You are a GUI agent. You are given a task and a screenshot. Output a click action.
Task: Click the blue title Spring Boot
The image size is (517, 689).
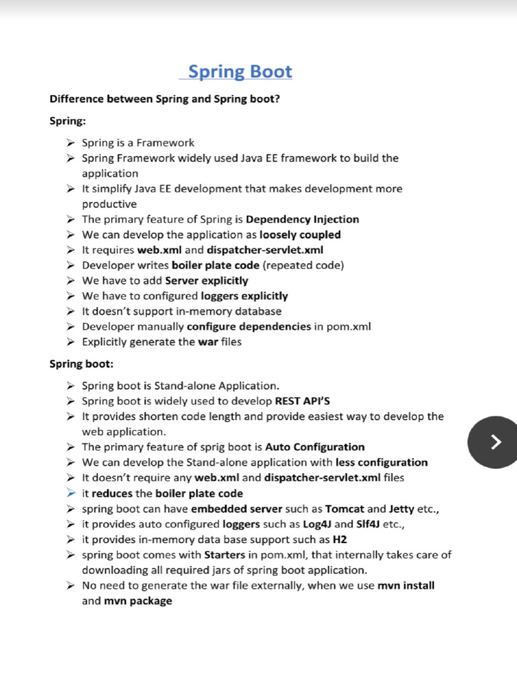click(x=240, y=71)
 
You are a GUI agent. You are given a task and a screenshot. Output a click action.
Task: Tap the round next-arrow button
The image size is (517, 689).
click(x=495, y=441)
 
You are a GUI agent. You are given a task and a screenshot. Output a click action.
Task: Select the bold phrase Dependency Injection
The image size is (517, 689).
click(x=302, y=219)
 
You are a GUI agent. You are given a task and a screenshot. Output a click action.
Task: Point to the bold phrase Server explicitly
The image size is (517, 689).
click(x=206, y=281)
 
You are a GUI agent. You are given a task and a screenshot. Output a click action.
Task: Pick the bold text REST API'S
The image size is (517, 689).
click(x=302, y=401)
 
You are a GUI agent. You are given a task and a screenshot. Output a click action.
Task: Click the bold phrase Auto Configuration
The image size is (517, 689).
click(x=314, y=447)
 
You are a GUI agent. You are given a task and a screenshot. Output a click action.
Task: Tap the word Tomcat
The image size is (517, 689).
click(x=345, y=509)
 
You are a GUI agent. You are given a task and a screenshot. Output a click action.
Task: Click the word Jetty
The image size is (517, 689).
click(x=402, y=509)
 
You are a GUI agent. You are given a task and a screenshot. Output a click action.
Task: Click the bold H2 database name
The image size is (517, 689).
click(x=339, y=540)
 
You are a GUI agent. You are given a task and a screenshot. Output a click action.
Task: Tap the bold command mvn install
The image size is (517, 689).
click(x=406, y=585)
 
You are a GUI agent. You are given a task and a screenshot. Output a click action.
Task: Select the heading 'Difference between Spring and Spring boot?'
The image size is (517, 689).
click(x=164, y=99)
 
